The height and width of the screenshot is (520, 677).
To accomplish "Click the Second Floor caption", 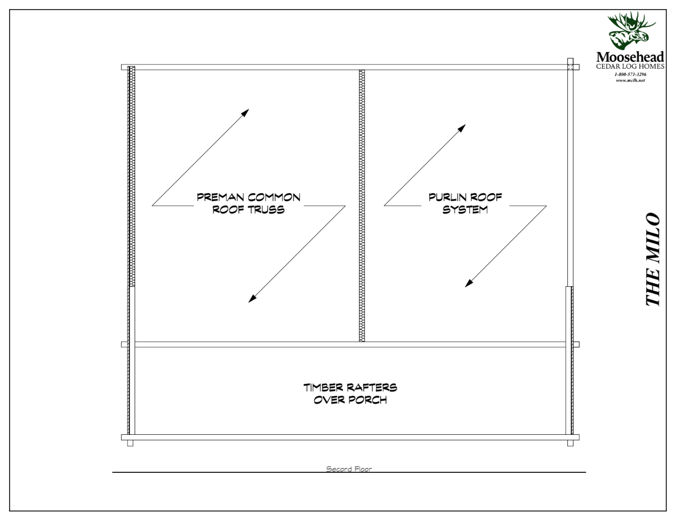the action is pos(348,469).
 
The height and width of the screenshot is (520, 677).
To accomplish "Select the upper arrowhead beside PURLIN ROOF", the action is pos(463,128).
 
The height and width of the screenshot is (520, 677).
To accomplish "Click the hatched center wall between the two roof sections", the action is pos(362,204).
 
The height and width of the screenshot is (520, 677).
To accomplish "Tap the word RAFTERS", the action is pos(372,388).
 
